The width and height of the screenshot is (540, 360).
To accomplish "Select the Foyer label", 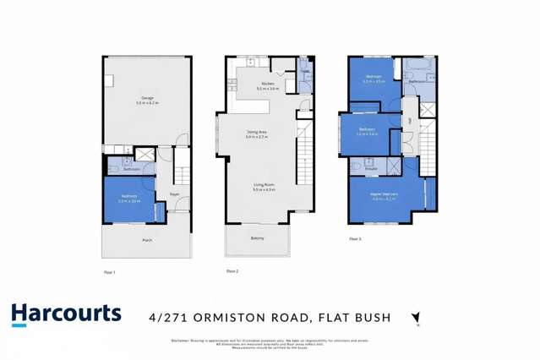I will point(172,194).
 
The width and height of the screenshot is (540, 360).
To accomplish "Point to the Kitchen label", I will point(267,85).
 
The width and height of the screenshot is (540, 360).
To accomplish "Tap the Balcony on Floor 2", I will point(258,238).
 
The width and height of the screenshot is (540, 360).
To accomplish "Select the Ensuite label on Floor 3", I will point(370,168).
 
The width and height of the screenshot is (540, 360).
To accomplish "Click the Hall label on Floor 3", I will point(409,121).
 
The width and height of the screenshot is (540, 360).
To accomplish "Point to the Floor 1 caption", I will point(109,271).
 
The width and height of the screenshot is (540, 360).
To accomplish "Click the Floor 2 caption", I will point(232,270).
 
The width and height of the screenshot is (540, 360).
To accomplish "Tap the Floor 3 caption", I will point(355,239).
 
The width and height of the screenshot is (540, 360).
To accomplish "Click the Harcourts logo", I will point(67,314).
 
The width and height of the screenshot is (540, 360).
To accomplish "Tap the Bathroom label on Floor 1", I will point(131,169).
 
